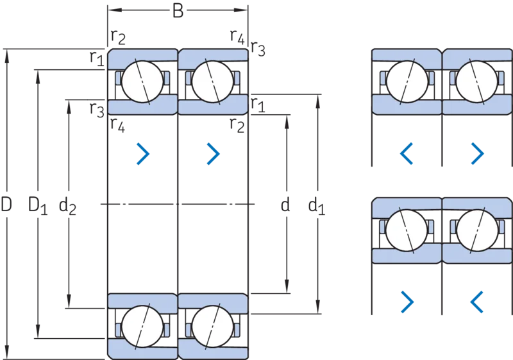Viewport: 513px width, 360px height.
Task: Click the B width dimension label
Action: tap(178, 11)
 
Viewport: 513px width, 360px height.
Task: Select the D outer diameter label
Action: tap(6, 204)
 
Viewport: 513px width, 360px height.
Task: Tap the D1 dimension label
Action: tap(38, 205)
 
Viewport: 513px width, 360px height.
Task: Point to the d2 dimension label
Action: tap(67, 206)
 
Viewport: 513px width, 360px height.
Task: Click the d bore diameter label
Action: tap(285, 205)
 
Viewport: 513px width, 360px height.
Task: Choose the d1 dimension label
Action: tap(317, 206)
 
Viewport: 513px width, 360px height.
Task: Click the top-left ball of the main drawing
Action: tap(142, 81)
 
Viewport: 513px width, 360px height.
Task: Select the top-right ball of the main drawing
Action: tap(213, 81)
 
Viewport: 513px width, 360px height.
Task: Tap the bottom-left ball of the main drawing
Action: tap(142, 326)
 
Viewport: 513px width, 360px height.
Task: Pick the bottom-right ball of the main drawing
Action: tap(213, 326)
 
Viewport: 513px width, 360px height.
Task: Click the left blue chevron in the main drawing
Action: tap(143, 153)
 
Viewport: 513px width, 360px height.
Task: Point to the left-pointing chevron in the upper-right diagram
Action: tap(407, 153)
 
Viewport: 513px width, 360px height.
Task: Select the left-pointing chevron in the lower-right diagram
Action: tap(476, 302)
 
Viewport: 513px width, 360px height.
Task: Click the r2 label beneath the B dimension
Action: tap(118, 37)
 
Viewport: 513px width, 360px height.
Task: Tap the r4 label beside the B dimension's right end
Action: tap(237, 37)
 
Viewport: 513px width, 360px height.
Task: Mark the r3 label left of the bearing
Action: tap(97, 110)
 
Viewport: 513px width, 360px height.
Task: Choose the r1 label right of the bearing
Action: tap(258, 105)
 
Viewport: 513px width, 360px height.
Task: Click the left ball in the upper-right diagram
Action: tap(407, 81)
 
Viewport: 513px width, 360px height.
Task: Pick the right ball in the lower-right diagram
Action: tap(477, 230)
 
